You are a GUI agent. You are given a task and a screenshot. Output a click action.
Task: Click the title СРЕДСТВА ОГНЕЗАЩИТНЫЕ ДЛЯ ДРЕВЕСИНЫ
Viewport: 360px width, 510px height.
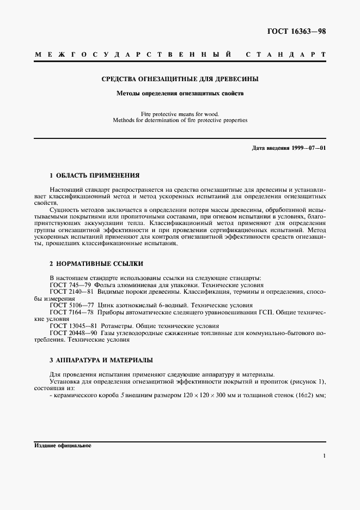180,79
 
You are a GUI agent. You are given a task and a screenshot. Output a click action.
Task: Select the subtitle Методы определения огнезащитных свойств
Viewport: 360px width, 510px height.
180,93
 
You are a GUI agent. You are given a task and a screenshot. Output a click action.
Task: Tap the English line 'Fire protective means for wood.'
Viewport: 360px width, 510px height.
180,113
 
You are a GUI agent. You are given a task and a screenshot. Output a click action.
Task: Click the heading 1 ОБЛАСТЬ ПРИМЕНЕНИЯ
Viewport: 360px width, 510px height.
94,175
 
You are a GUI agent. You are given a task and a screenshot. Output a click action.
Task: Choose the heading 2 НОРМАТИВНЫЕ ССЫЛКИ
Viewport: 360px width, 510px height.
96,263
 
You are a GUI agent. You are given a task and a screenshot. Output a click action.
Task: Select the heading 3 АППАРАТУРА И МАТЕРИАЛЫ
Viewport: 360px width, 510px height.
101,360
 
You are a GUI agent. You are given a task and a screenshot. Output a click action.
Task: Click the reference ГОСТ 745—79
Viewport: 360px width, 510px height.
71,285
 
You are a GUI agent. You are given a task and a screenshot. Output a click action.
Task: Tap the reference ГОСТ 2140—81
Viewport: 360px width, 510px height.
72,292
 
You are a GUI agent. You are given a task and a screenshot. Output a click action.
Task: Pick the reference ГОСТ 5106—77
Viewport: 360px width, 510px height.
72,306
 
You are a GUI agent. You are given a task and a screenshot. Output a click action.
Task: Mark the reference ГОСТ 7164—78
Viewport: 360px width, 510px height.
72,313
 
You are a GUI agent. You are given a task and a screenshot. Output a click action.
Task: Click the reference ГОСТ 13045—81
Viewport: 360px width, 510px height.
74,326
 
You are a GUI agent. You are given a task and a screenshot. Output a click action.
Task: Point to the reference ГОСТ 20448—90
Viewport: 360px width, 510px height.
74,332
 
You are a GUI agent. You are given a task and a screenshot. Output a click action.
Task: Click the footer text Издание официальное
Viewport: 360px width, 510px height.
62,445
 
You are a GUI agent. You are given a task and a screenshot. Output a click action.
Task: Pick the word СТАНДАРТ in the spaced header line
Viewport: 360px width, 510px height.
285,55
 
